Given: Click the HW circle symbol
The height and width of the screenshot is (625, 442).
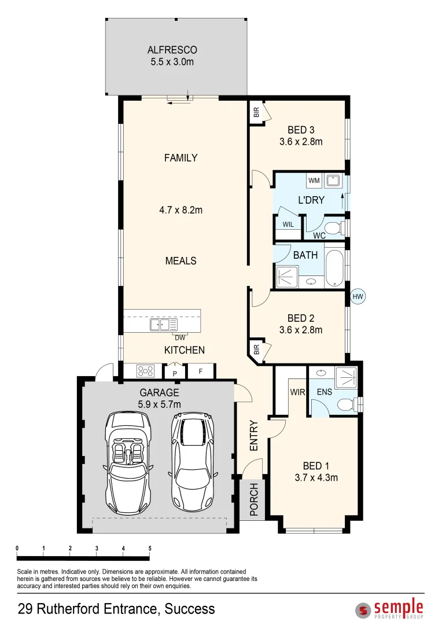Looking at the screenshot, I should point(358,297).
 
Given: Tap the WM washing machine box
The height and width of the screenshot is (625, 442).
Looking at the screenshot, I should point(314,181).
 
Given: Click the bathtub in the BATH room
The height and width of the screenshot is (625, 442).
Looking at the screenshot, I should point(335,267).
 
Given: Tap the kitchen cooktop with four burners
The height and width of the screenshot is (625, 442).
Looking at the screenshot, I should point(145,371).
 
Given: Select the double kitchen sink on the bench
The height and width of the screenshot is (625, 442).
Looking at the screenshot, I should point(163,325).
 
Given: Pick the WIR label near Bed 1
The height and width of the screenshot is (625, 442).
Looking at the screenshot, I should point(297,392).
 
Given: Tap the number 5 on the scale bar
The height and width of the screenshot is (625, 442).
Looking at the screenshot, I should point(150,548).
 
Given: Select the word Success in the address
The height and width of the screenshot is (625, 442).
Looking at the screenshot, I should point(190,609).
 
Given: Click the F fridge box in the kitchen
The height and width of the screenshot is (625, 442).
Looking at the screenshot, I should point(200,371).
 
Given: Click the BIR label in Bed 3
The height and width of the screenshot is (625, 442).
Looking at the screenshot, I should point(256,112).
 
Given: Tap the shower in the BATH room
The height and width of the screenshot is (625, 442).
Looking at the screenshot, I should point(288,277).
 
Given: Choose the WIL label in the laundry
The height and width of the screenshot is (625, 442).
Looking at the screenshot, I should point(288,225).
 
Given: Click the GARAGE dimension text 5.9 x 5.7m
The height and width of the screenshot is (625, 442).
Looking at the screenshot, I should point(159,404).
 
